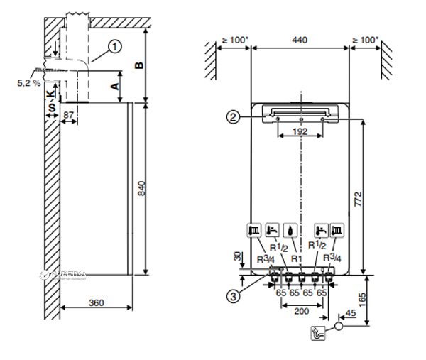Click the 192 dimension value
pos(298,133)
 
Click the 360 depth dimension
pos(96,302)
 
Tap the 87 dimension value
pos(68,114)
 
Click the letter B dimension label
pos(141,65)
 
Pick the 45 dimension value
pos(349,313)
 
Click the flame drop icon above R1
pos(295,230)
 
